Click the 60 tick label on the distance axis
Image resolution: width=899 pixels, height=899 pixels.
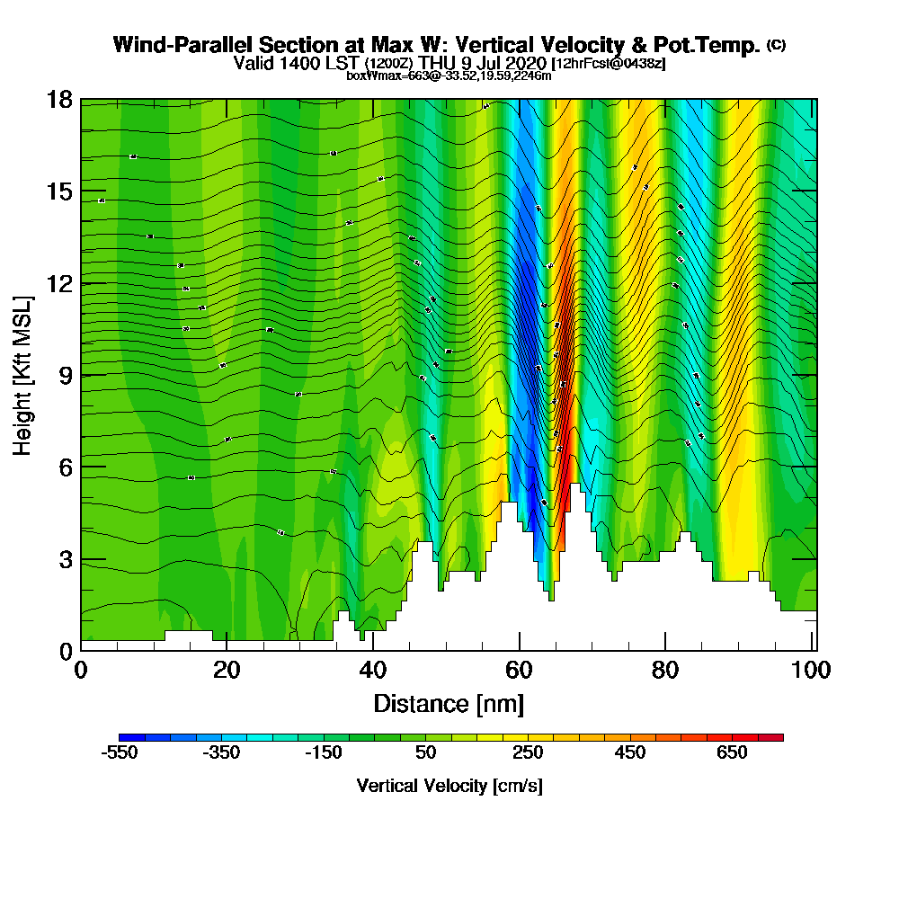click(519, 671)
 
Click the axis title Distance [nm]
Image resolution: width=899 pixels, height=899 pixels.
click(448, 703)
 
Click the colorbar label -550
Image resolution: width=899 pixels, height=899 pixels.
click(119, 752)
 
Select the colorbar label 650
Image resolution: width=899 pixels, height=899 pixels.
click(732, 752)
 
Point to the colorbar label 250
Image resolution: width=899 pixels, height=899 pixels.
click(528, 752)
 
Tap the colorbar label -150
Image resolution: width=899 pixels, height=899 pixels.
click(323, 752)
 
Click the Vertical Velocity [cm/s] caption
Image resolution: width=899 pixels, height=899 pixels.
click(449, 786)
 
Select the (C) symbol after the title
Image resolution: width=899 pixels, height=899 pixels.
click(776, 45)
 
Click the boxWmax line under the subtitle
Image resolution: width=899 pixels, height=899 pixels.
click(449, 76)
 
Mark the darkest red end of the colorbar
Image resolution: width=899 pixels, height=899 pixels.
click(777, 737)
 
